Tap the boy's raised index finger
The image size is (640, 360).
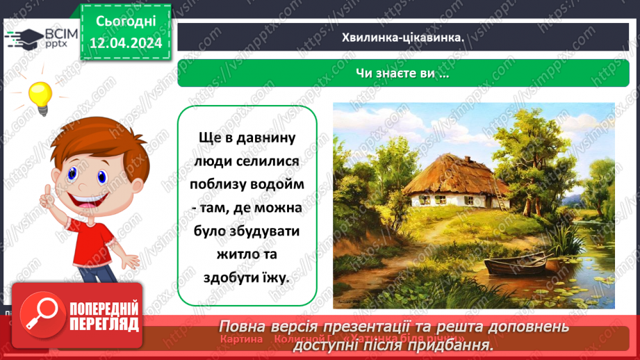47,195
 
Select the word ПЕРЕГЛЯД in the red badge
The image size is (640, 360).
104,323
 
